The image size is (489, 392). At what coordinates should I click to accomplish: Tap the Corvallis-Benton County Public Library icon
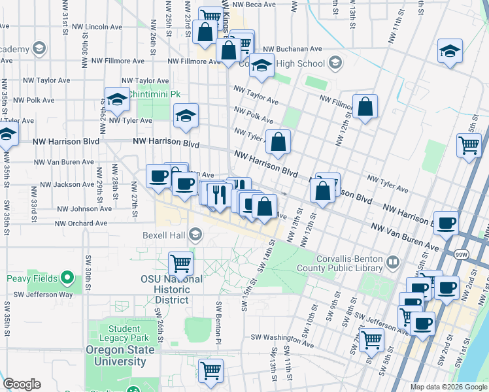click(392, 263)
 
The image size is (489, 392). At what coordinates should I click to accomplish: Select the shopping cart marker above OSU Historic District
click(180, 265)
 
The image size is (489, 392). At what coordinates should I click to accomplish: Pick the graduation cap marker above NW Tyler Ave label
click(117, 99)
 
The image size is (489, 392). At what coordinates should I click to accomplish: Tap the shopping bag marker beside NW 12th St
click(365, 106)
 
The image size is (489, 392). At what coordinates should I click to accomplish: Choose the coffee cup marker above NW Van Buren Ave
click(447, 223)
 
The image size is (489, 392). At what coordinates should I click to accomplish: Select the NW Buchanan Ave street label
click(292, 49)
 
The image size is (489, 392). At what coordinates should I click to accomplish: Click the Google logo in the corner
click(22, 384)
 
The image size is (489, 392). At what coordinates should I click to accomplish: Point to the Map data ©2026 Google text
click(448, 387)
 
